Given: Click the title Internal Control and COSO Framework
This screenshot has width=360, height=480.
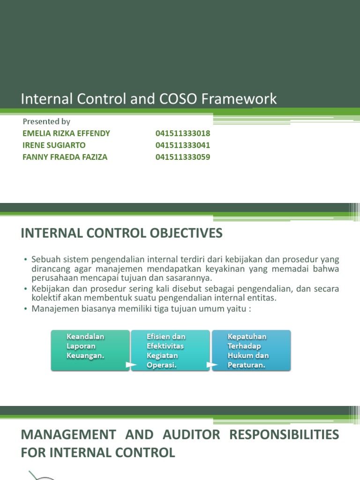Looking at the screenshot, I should pyautogui.click(x=149, y=99).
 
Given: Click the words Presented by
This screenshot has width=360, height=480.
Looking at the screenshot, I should pyautogui.click(x=46, y=121).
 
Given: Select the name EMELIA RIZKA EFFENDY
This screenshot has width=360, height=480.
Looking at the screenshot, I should pyautogui.click(x=66, y=133).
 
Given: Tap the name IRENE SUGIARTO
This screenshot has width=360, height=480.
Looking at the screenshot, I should pyautogui.click(x=54, y=145).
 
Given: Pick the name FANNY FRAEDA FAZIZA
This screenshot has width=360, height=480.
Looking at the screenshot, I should pyautogui.click(x=65, y=157).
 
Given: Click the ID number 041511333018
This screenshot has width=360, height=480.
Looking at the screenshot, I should pyautogui.click(x=183, y=133).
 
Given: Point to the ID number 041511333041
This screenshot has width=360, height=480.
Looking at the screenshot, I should pyautogui.click(x=183, y=145).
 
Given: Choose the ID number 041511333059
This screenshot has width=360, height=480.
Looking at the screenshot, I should pyautogui.click(x=183, y=157).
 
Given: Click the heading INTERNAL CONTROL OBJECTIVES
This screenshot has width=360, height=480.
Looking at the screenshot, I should pyautogui.click(x=122, y=233).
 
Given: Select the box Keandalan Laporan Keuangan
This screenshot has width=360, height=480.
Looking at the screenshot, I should pyautogui.click(x=90, y=350).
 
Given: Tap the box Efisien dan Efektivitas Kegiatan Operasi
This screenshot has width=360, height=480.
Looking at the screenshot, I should pyautogui.click(x=171, y=350).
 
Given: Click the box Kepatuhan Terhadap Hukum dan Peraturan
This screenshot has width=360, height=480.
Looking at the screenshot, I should pyautogui.click(x=251, y=350).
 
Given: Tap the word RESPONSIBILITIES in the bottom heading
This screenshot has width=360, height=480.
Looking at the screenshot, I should pyautogui.click(x=284, y=435).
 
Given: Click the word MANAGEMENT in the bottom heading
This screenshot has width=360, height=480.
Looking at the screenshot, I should pyautogui.click(x=68, y=435).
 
